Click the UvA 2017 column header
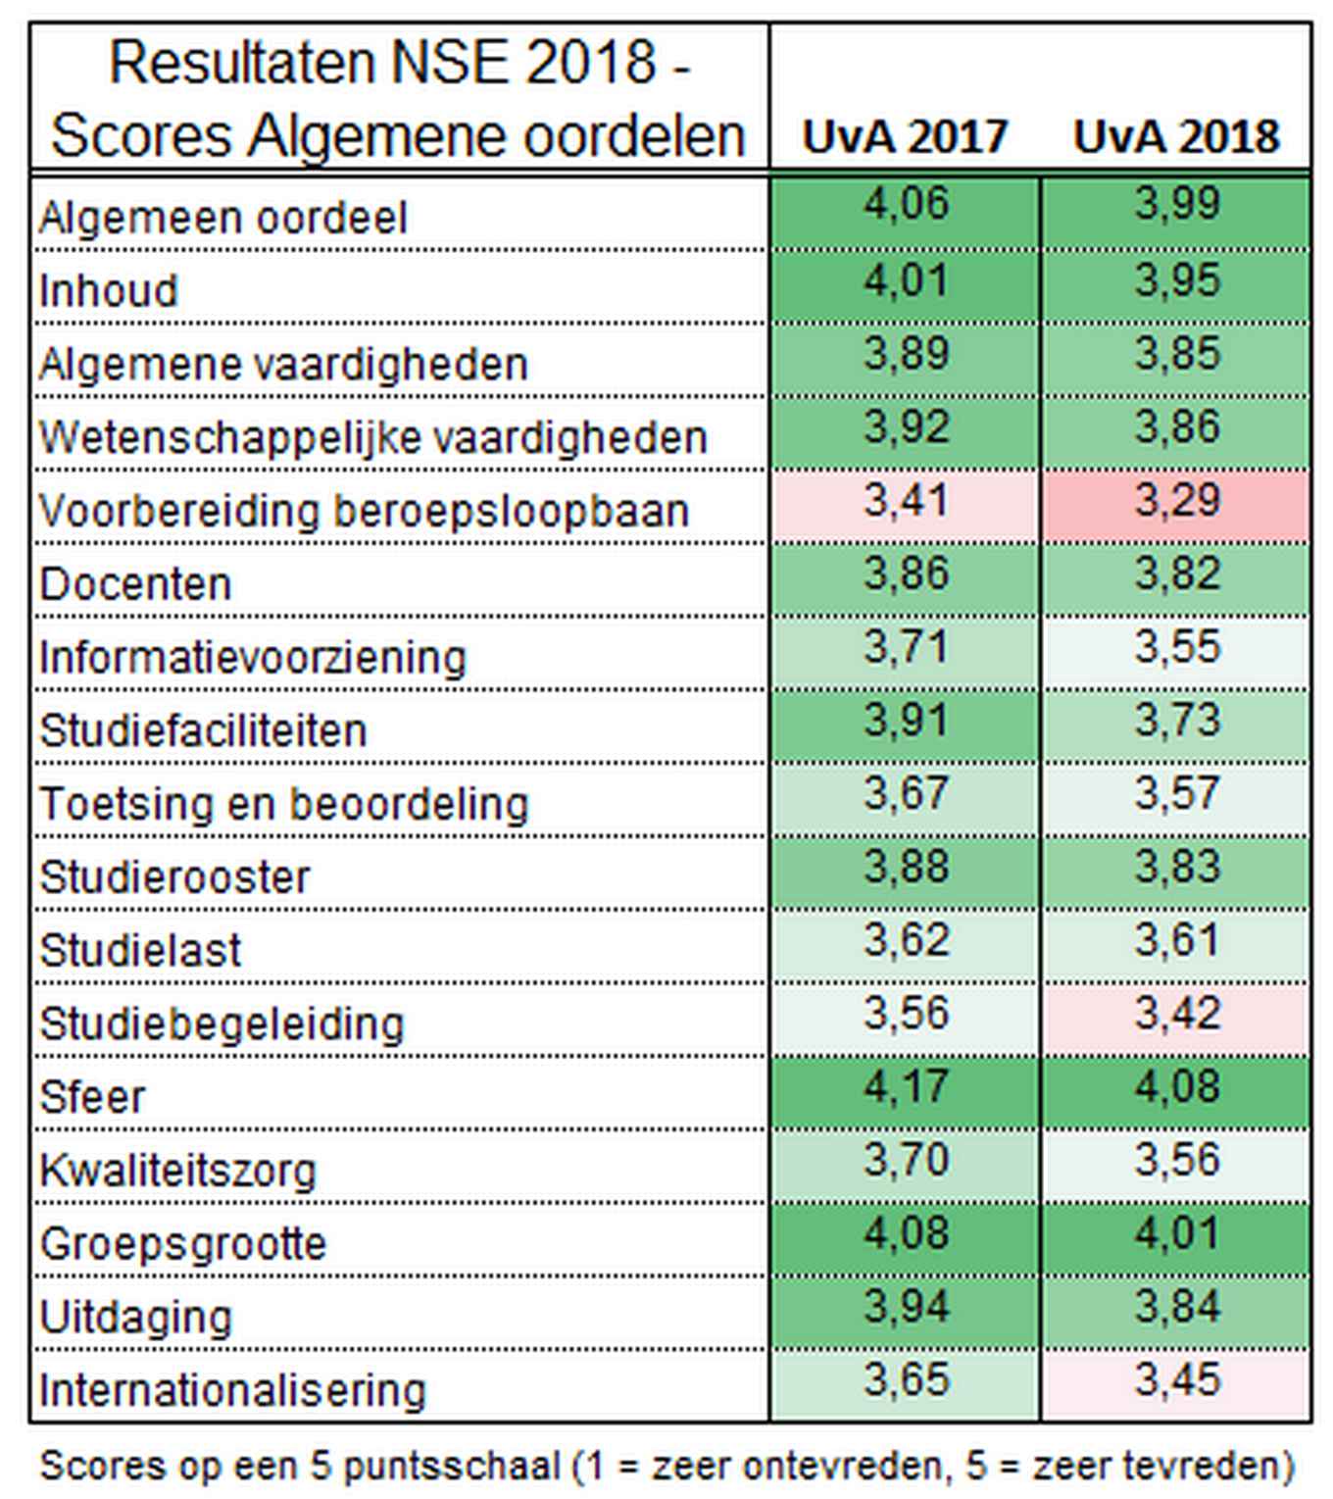click(904, 136)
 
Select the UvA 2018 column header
click(1175, 136)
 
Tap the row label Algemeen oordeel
click(222, 218)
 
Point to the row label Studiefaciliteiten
click(203, 731)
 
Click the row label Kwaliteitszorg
click(177, 1171)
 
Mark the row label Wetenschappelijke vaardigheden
click(372, 438)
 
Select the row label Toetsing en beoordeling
click(283, 805)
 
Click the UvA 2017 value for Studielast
click(905, 942)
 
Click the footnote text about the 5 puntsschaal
click(666, 1467)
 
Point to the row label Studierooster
click(174, 877)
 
